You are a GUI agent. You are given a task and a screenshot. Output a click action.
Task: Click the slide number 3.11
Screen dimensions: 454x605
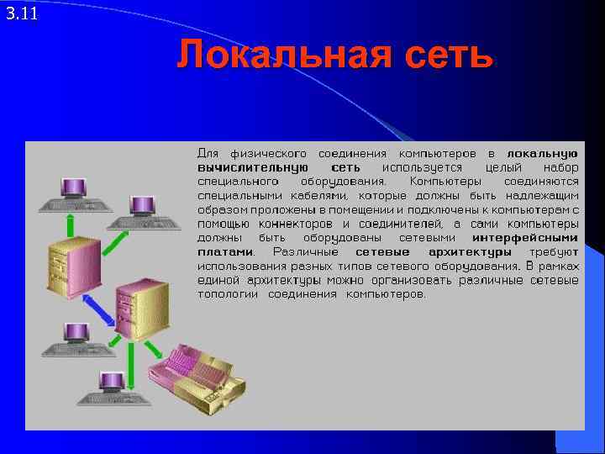click(21, 13)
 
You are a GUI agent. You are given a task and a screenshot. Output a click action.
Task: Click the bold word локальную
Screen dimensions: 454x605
click(542, 154)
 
